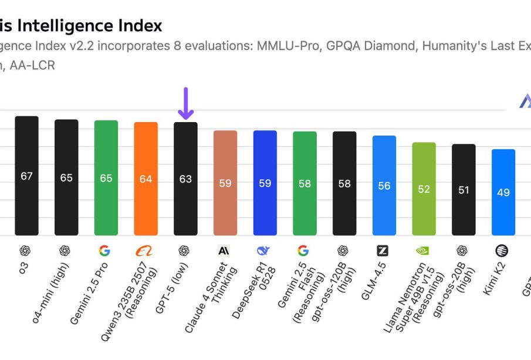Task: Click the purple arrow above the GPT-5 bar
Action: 185,103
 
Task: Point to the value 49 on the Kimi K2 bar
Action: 503,192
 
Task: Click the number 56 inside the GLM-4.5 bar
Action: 384,186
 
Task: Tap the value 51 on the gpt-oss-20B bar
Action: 464,190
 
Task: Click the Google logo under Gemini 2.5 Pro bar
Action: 104,251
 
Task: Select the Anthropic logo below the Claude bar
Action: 224,251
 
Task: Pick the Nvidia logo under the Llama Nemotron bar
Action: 422,251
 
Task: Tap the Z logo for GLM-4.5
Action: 383,251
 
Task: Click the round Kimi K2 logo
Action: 502,251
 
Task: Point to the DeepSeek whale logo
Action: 263,251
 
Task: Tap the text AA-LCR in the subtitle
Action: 33,65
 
